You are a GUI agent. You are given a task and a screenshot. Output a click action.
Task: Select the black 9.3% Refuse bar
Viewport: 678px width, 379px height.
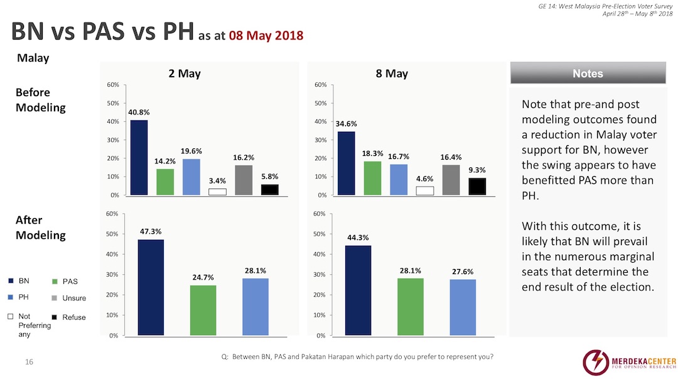(x=476, y=187)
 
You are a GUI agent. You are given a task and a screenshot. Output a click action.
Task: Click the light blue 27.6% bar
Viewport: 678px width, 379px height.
(x=463, y=307)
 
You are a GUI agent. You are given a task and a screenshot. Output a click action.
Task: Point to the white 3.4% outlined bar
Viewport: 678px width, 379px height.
(x=217, y=192)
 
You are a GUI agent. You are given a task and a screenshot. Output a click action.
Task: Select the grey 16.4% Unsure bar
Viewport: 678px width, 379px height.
(x=451, y=180)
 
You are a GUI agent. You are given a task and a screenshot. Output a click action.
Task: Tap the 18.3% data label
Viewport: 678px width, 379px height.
(x=372, y=153)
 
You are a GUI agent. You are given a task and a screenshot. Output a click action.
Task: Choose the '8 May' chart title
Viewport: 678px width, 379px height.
(x=392, y=74)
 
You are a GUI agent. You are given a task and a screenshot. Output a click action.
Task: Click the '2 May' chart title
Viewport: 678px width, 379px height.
(x=185, y=74)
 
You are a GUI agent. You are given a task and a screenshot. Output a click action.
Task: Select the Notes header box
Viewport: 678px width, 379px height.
(x=588, y=74)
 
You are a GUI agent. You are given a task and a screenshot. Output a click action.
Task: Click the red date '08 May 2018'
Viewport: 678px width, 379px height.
(x=266, y=35)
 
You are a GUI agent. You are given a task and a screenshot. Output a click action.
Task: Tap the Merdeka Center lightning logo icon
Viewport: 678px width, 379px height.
(x=596, y=362)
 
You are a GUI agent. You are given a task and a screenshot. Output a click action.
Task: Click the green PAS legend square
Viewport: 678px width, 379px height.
(x=55, y=281)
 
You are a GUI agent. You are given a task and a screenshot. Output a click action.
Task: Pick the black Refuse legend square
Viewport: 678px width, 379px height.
(x=55, y=317)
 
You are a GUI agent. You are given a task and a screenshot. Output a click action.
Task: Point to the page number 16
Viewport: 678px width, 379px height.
(x=29, y=362)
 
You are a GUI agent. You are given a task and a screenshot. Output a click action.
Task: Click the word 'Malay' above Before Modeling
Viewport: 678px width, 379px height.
(x=33, y=58)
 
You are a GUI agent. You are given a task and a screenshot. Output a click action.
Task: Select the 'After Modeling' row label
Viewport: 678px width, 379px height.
(x=40, y=228)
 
